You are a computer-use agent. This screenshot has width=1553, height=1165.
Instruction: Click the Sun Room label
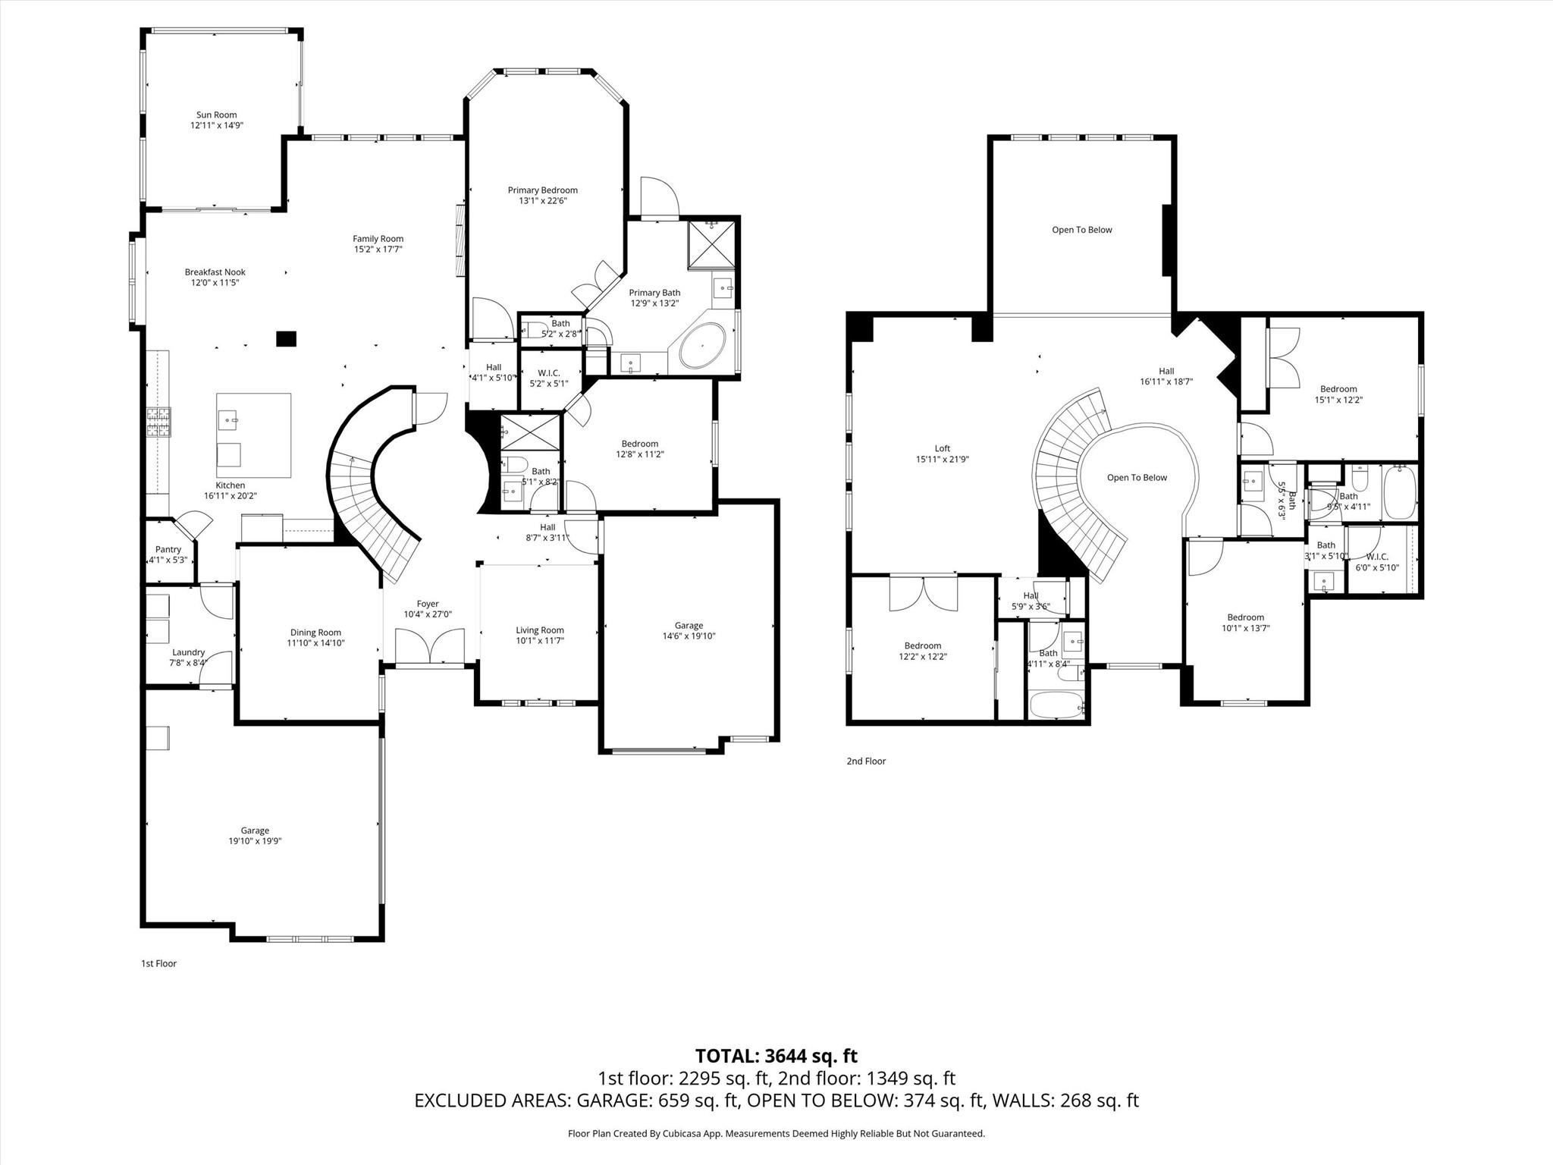216,115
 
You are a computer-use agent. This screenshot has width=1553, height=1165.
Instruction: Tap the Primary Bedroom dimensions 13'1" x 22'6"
542,201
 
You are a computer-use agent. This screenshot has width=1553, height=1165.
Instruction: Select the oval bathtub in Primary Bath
701,346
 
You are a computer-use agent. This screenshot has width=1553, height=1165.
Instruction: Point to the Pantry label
168,550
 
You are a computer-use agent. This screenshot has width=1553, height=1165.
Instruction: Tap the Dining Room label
315,633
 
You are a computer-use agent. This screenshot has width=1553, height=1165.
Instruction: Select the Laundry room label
188,652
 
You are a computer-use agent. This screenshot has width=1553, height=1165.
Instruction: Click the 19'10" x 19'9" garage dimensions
255,841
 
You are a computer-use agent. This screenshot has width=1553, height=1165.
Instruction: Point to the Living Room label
539,630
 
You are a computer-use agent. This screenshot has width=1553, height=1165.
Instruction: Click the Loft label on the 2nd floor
942,448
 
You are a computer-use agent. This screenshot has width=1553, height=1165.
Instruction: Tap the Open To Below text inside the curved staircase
1137,478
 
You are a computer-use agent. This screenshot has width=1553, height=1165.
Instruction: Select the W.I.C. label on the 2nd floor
1376,557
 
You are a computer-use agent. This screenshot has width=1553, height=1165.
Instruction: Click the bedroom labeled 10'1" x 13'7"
1245,622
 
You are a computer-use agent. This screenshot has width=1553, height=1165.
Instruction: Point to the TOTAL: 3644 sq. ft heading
776,1056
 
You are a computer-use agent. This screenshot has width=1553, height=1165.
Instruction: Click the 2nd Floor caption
866,761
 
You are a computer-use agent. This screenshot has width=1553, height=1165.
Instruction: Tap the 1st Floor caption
158,963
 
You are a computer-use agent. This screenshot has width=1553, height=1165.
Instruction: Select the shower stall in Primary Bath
711,244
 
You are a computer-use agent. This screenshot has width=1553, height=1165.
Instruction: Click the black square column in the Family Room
286,339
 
